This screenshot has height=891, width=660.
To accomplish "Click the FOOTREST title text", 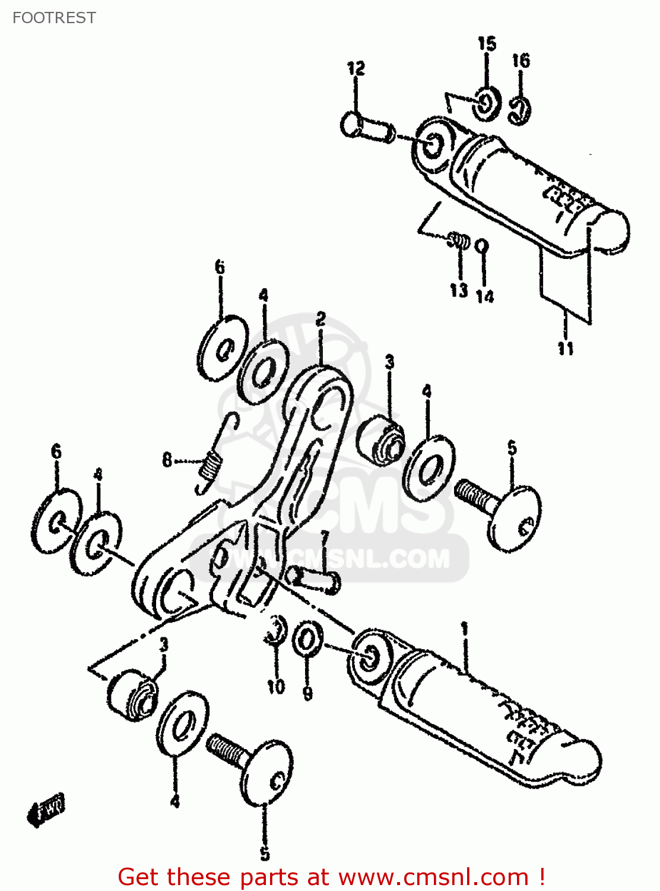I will (x=54, y=18).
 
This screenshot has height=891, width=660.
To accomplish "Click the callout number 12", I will (x=356, y=68).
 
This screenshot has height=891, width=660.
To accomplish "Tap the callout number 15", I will (x=487, y=43).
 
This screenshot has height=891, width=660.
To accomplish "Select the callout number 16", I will (x=521, y=60).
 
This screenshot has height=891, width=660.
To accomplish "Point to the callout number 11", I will (x=565, y=348).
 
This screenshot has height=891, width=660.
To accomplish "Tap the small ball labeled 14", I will (x=483, y=245).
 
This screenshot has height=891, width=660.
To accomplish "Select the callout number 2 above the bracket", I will (x=321, y=319).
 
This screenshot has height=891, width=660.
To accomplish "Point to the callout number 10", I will (x=276, y=687).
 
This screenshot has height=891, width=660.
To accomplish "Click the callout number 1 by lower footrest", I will (x=464, y=628).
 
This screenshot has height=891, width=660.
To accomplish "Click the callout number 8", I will (x=167, y=460).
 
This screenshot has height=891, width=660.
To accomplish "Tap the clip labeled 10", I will (x=276, y=630).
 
